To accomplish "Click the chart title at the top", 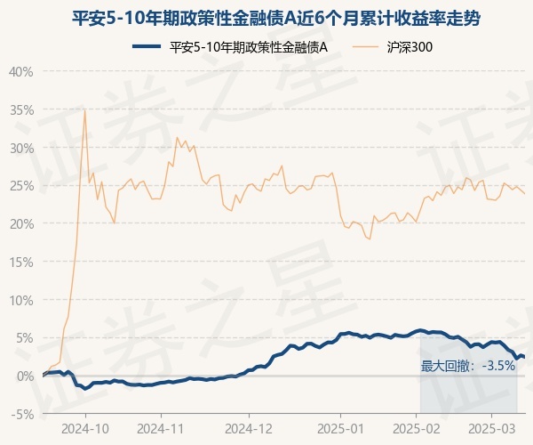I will (x=266, y=19).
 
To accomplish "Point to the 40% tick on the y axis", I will (x=21, y=71).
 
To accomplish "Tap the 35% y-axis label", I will (x=21, y=109).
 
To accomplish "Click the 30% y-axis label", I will (x=21, y=148).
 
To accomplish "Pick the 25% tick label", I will (x=21, y=186).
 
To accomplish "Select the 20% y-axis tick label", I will (x=21, y=223).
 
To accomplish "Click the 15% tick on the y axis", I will (x=21, y=262).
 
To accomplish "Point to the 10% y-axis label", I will (x=21, y=300).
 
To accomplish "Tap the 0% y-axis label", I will (x=25, y=376).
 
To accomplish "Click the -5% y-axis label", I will (x=23, y=414).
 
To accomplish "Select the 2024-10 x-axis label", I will (x=86, y=427).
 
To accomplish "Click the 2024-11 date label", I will (x=161, y=427).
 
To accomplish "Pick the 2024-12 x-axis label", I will (x=250, y=427).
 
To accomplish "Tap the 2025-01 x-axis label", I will (x=341, y=427).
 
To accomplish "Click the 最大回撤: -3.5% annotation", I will (x=468, y=365).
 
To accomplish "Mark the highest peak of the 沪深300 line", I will (x=84, y=109).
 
